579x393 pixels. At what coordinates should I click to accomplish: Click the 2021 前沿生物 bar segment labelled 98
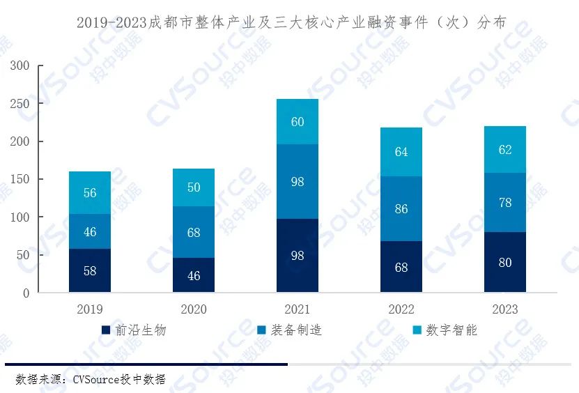point(298,255)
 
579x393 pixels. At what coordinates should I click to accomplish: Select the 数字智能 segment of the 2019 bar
point(90,193)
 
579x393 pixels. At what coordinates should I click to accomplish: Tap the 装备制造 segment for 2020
point(194,232)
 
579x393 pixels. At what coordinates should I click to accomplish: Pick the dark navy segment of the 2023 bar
point(505,262)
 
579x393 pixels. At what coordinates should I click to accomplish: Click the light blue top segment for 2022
point(401,152)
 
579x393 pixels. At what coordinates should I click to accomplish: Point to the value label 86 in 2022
point(401,209)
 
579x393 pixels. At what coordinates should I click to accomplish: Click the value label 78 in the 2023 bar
point(505,203)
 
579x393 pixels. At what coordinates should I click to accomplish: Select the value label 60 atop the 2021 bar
point(298,122)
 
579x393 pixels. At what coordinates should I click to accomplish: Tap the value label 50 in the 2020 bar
point(194,187)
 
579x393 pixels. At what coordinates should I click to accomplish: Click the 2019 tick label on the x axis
point(90,309)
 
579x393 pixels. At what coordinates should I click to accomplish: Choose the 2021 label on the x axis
point(298,309)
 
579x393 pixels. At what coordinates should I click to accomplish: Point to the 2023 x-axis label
point(505,309)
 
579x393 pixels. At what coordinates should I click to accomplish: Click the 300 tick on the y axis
point(20,66)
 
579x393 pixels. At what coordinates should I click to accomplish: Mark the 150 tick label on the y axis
point(20,180)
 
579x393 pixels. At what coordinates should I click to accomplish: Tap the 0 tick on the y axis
point(26,293)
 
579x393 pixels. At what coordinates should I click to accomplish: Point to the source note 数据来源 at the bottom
point(91,379)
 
